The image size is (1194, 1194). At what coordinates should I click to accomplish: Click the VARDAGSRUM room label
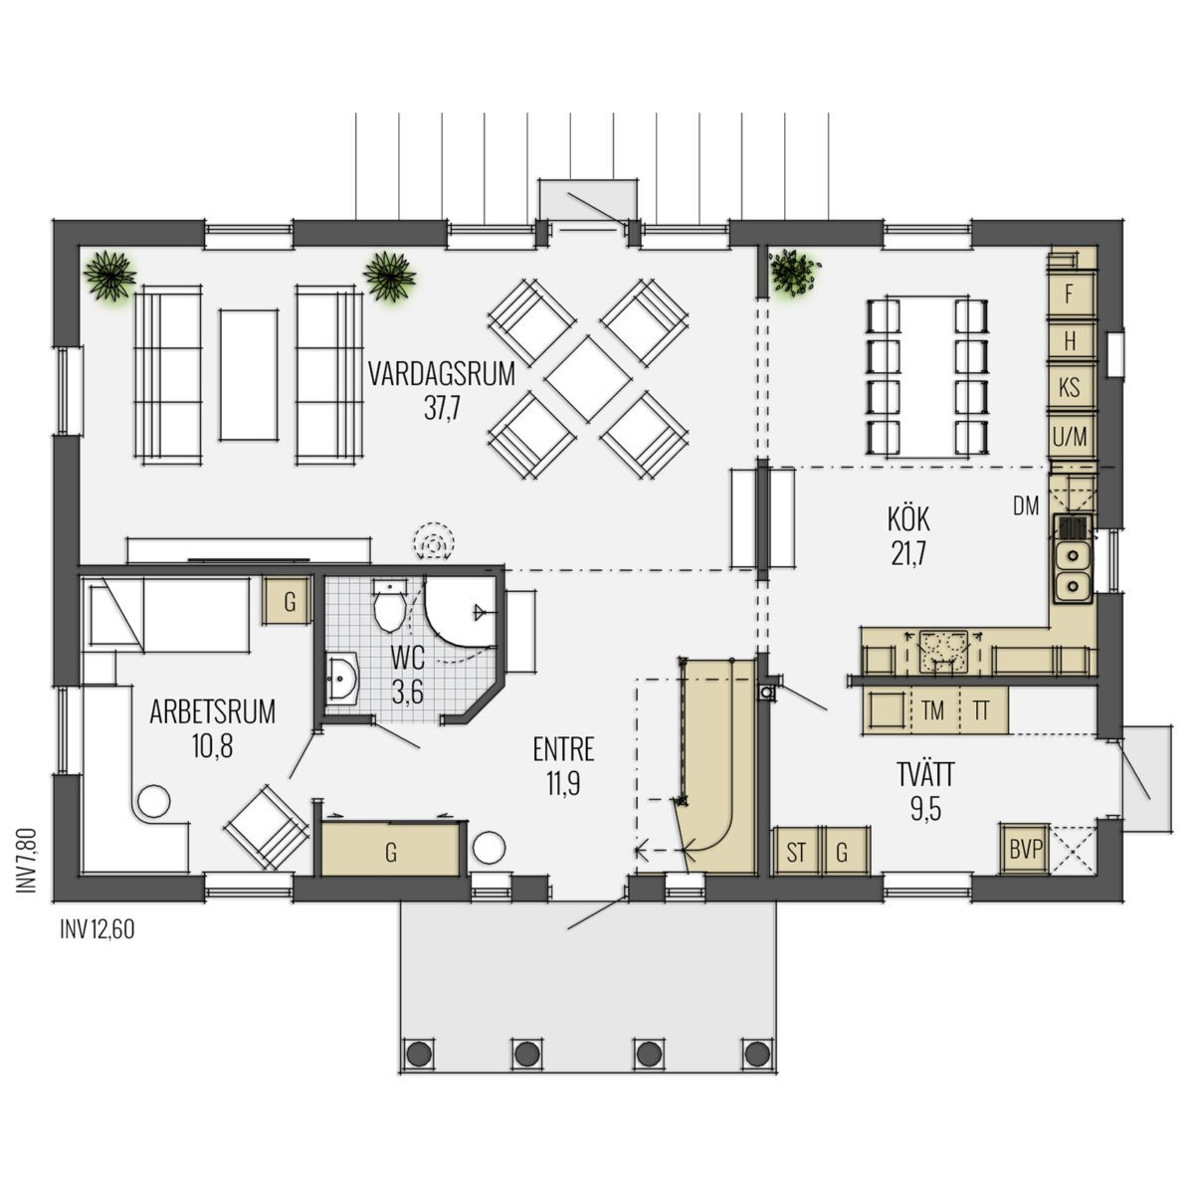coord(441,374)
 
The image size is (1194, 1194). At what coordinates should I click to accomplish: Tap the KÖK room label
coord(908,519)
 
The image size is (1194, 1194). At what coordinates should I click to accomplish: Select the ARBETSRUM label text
coord(213,712)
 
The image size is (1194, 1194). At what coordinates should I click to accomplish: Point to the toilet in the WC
coord(389,606)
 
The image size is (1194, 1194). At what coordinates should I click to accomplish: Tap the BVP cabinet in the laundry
coord(1026,849)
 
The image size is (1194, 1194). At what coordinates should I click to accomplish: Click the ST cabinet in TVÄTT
coord(796,851)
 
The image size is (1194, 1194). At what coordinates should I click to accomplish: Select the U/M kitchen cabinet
coord(1070,437)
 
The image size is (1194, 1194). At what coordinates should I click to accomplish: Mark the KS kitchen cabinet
coord(1070,388)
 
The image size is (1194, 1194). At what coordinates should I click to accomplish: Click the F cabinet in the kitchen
coord(1070,295)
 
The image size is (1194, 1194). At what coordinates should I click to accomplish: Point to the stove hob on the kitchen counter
coord(943,651)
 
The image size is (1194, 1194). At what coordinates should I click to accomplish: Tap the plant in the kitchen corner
coord(794,273)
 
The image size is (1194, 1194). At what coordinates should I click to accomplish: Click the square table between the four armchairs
coord(588,378)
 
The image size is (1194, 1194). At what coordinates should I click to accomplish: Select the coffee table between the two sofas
coord(249,375)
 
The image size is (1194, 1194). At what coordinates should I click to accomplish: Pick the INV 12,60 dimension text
coord(98,930)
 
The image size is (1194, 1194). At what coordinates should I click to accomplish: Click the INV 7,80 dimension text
coord(27,862)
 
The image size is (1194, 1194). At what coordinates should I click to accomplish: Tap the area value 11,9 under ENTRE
coord(563,785)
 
